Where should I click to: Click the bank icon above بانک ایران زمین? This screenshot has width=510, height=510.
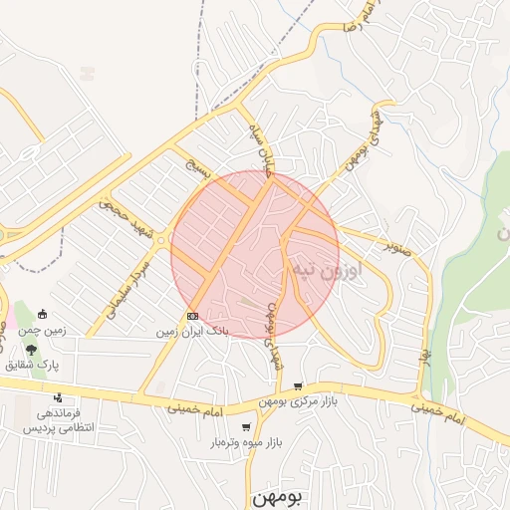coord(192,316)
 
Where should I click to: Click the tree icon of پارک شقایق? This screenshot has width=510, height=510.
coord(32,350)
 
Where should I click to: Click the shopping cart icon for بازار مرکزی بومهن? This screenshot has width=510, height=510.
coord(298,386)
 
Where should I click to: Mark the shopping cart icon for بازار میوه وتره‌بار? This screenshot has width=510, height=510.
coord(246,427)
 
